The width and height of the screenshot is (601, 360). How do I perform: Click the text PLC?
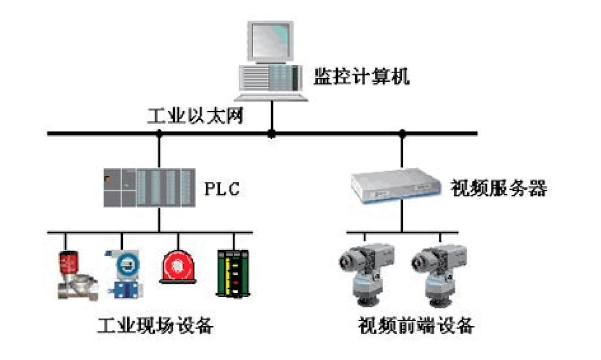coord(222,189)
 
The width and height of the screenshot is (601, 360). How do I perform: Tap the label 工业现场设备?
coord(155,325)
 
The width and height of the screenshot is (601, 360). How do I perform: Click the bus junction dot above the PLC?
coord(159,133)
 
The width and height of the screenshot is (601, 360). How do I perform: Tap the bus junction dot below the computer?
coord(271,133)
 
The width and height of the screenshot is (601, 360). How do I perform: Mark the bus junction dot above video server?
coord(403,133)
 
